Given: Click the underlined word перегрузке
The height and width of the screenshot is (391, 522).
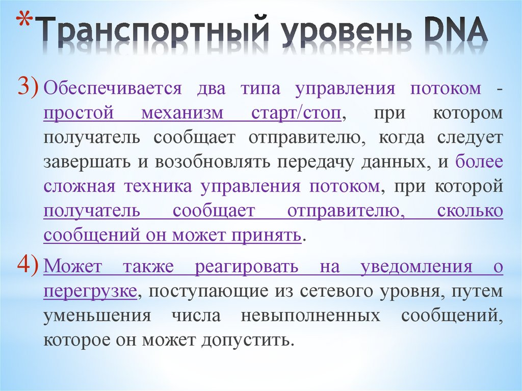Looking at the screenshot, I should click(x=90, y=291).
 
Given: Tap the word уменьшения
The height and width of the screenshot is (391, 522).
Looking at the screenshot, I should click(x=97, y=316).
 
